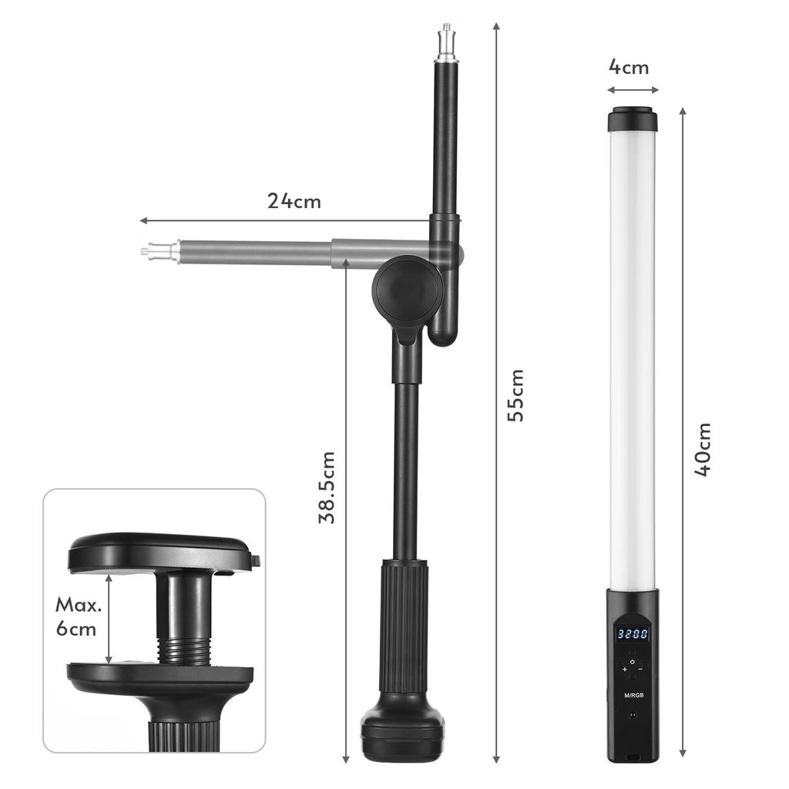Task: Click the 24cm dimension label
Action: coord(294,201)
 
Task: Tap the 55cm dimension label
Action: coord(515,394)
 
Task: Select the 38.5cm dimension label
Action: coord(327,487)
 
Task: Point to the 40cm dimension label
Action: coord(703,449)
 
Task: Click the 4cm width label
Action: coord(629,67)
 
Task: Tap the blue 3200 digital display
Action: coord(631,635)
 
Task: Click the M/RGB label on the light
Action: coord(632,695)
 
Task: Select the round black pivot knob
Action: coord(408,289)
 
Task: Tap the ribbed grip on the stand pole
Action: coord(402,628)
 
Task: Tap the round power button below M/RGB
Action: coord(632,715)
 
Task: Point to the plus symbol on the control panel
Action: coord(624,670)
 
